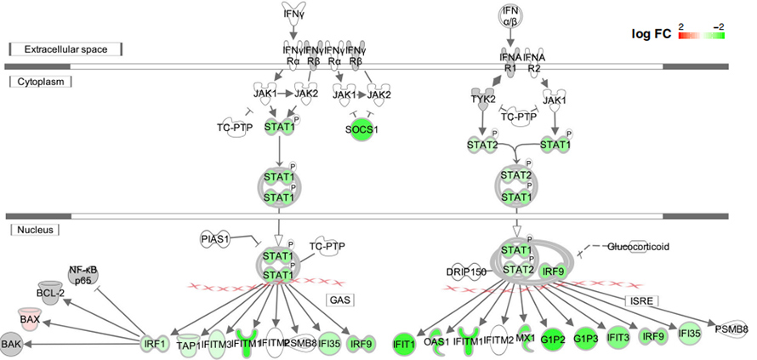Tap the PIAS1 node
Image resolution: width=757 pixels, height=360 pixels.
coord(217,240)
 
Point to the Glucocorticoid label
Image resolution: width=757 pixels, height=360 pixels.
coord(638,247)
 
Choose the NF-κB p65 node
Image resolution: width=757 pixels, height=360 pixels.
coord(83,273)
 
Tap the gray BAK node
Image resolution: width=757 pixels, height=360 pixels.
coord(11,343)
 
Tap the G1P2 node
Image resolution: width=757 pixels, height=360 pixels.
coord(554,340)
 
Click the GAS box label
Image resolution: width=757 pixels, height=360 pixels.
coord(340,300)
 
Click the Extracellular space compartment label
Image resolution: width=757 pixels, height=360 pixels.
coord(65,49)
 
